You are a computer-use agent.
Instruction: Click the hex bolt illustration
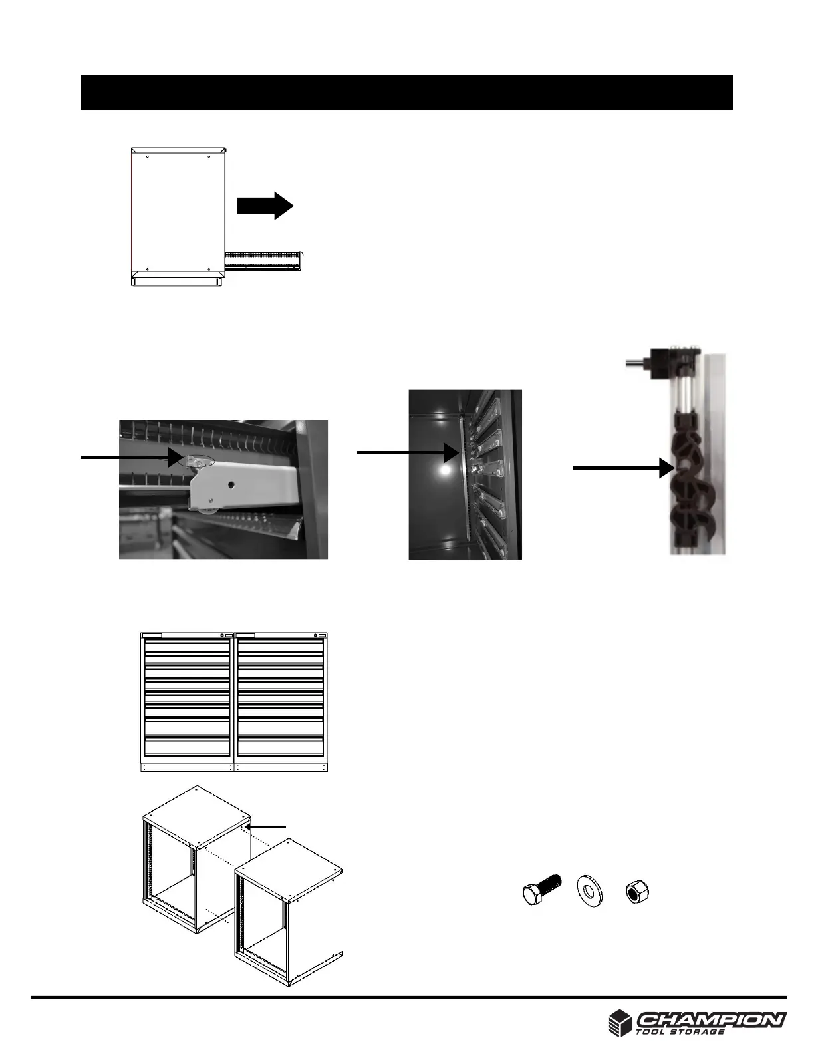(x=541, y=889)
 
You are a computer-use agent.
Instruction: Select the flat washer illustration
(x=587, y=890)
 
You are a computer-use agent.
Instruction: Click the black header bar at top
(x=406, y=92)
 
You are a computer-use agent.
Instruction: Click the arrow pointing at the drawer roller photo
(x=130, y=457)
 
